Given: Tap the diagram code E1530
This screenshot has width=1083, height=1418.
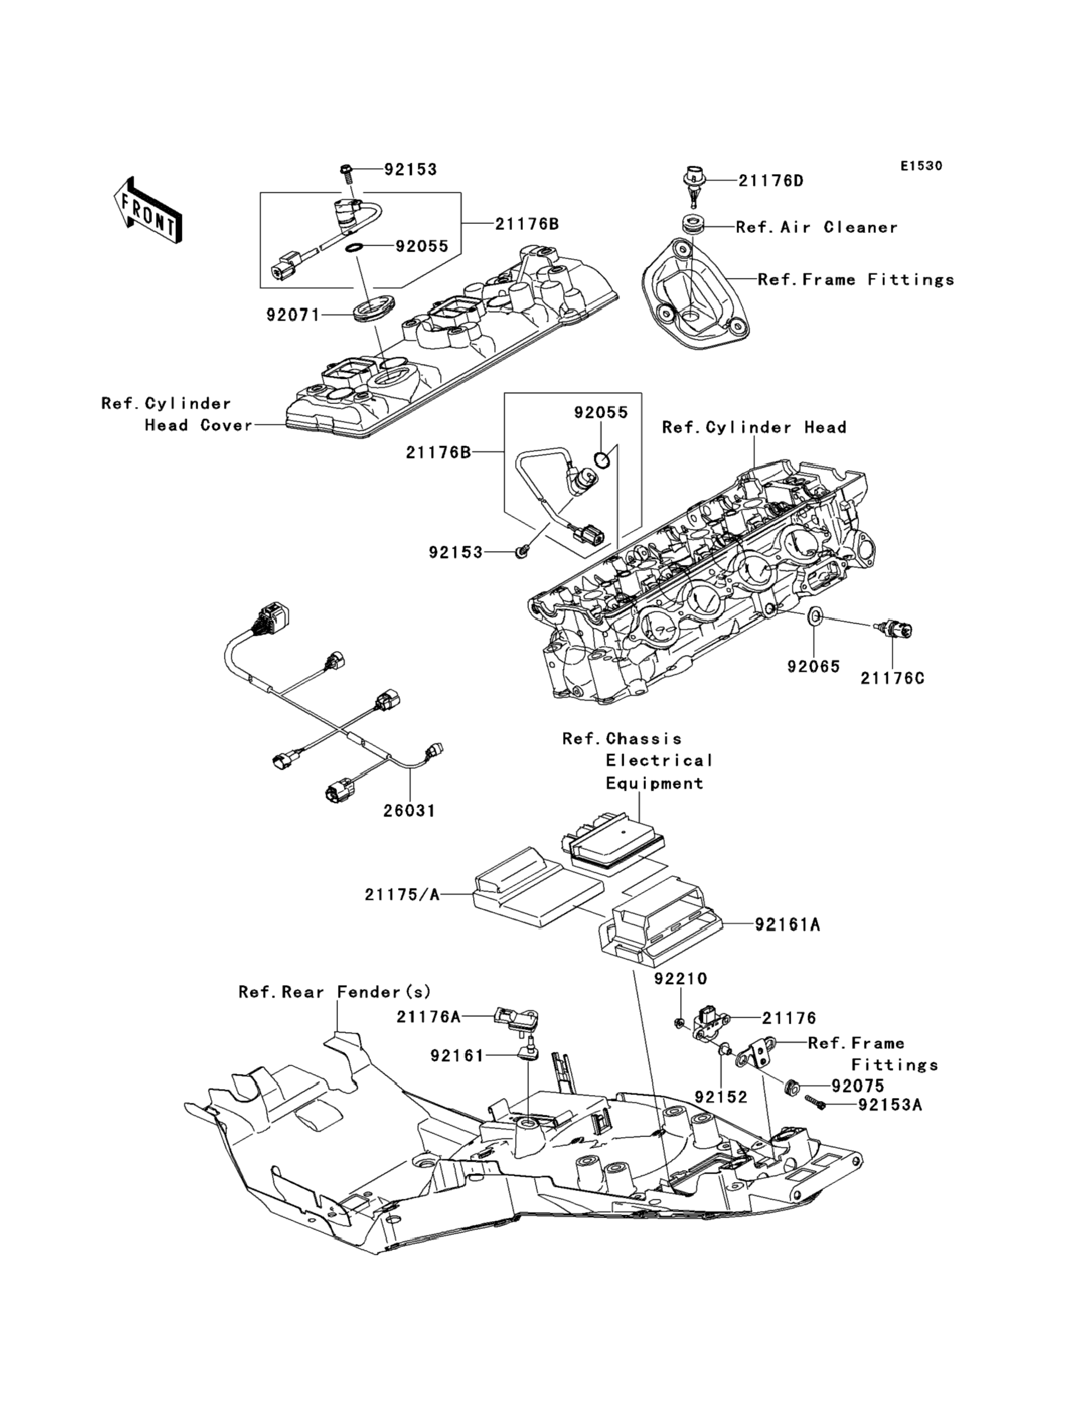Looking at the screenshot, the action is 921,166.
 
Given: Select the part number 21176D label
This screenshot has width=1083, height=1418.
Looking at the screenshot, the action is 771,181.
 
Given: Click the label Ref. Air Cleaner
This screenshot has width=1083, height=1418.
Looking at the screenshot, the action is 817,227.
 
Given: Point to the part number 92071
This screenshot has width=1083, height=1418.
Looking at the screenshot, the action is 294,315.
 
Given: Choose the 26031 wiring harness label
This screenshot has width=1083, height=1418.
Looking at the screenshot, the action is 409,810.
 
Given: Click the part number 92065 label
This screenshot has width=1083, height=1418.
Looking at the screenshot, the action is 813,666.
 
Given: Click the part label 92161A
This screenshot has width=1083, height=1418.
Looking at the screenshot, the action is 788,925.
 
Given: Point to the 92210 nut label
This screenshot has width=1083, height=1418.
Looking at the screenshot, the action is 681,979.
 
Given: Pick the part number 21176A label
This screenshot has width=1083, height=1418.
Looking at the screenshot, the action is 429,1016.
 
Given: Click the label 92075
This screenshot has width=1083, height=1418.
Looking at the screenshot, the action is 858,1085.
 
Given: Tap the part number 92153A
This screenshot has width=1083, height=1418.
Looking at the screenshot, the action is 890,1105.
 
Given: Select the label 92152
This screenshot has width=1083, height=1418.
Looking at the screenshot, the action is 721,1096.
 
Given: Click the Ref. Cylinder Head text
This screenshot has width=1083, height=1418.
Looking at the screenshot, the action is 754,427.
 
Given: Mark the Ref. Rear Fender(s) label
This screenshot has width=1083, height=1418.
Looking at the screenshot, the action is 335,991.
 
